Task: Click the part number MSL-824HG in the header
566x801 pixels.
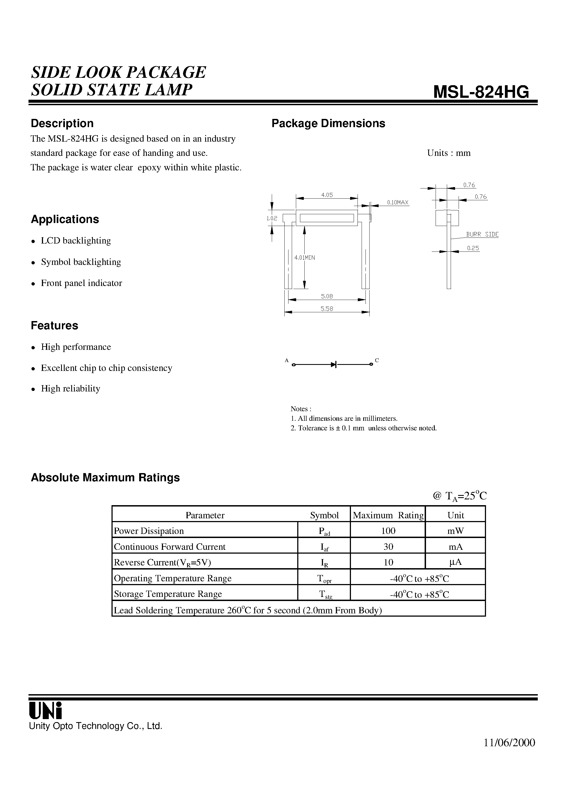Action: click(481, 92)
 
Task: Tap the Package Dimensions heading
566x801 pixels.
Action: click(328, 124)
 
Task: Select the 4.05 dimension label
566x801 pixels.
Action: click(327, 195)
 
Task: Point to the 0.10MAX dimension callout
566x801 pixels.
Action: click(398, 202)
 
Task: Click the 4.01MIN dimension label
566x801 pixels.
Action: click(304, 258)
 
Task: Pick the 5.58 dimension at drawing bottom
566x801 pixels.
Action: click(327, 308)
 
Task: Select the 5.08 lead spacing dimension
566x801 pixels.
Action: click(327, 296)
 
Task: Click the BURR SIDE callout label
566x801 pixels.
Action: click(482, 234)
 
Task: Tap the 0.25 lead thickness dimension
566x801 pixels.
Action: click(473, 248)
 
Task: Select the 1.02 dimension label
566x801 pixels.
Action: click(272, 218)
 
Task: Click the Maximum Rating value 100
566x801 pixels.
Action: click(388, 531)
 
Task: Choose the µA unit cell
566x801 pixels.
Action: click(455, 562)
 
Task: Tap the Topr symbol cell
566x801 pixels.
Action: click(324, 578)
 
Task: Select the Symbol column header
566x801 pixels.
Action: click(324, 515)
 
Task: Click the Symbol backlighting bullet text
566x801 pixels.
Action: click(81, 262)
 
